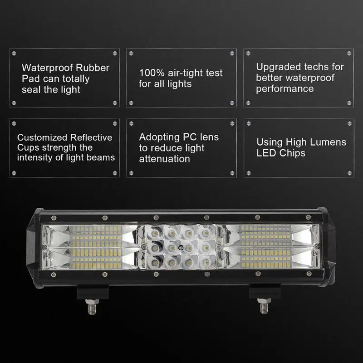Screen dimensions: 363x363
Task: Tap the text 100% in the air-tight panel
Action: [x=152, y=73]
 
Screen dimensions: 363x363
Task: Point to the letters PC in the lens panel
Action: [x=190, y=137]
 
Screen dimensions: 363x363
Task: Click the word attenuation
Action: [x=164, y=159]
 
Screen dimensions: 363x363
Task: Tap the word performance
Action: [x=285, y=89]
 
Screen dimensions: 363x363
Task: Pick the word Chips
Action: [x=292, y=153]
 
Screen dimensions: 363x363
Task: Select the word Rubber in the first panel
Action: [x=93, y=68]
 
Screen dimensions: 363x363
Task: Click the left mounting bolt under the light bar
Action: [x=92, y=306]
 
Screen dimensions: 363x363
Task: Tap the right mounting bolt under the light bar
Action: [x=264, y=305]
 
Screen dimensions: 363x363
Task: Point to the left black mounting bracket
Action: [x=93, y=292]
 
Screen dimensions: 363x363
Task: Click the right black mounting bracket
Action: [x=265, y=291]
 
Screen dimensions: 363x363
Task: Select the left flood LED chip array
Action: [x=96, y=247]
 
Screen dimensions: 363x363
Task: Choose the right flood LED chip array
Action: [x=266, y=247]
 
